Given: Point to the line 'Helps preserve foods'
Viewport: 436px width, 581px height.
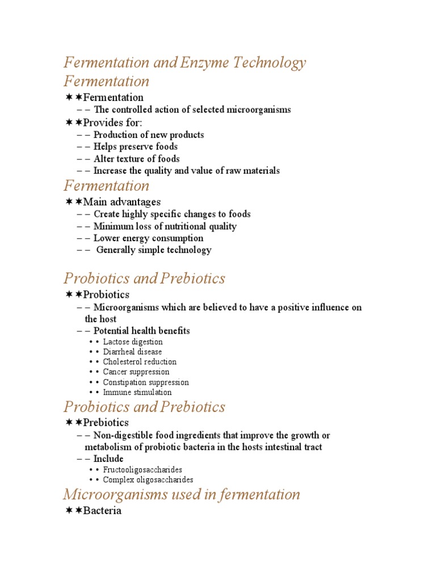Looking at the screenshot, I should [136, 147].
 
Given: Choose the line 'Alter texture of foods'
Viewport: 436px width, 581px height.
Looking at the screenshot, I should [136, 159].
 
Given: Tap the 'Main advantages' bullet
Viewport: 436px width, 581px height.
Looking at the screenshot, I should [121, 201].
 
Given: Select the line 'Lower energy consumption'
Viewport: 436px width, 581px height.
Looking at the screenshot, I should [148, 238].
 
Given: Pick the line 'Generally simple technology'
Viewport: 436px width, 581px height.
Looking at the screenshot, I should [153, 250].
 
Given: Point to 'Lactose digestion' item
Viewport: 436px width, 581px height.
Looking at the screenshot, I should [133, 342].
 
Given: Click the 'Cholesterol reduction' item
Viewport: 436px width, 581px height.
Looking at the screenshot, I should [140, 362].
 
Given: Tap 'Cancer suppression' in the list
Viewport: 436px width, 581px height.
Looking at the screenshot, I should [136, 372].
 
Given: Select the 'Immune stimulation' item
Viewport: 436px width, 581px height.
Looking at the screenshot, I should [137, 392].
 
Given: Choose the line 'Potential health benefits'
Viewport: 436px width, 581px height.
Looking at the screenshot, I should [141, 331].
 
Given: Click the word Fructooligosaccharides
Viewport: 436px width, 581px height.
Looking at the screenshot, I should [143, 470].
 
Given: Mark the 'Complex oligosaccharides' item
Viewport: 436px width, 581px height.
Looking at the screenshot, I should [148, 480].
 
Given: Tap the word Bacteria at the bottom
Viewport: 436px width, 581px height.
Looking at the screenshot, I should [102, 511].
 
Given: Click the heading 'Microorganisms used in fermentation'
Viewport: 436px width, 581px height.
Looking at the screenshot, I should [182, 494].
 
